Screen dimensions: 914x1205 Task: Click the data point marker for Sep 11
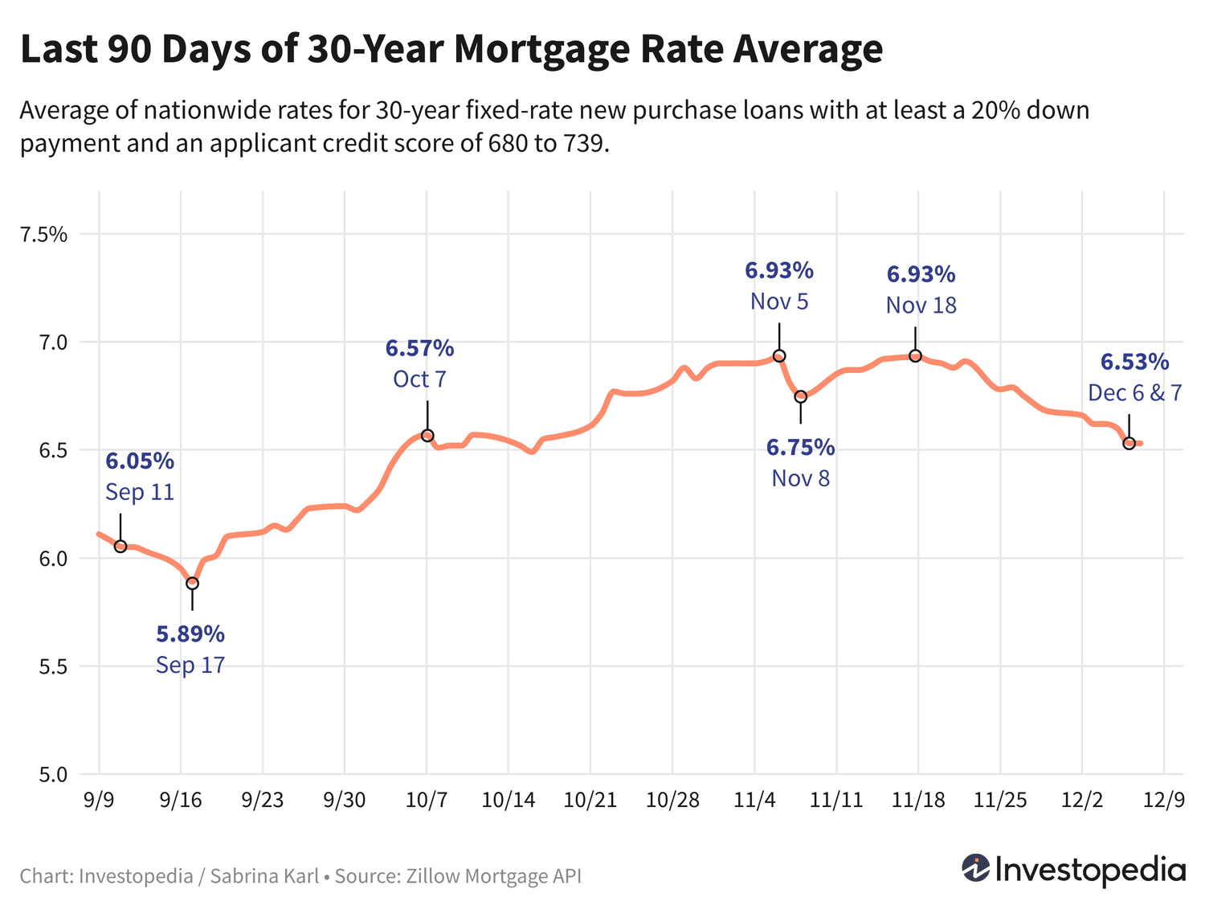[120, 547]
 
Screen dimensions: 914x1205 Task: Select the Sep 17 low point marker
[192, 584]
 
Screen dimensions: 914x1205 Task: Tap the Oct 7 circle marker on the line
[427, 436]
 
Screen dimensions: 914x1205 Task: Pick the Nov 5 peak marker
[779, 356]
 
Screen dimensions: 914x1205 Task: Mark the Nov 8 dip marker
[801, 396]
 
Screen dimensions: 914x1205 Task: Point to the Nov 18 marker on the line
[915, 356]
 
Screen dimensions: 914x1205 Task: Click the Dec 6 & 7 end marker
[1129, 443]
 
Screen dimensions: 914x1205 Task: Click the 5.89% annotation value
[190, 634]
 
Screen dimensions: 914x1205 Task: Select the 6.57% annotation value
[419, 348]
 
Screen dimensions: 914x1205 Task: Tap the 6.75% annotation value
[800, 447]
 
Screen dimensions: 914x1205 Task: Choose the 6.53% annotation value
[1134, 362]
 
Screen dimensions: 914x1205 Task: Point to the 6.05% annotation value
[140, 461]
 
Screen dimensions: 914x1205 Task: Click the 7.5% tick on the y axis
[44, 235]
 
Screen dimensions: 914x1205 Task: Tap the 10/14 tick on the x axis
[509, 801]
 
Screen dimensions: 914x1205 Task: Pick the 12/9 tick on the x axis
[1164, 801]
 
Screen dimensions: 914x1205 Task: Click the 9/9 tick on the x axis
[99, 801]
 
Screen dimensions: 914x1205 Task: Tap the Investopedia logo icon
[976, 868]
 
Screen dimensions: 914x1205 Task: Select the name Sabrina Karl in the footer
[264, 875]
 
